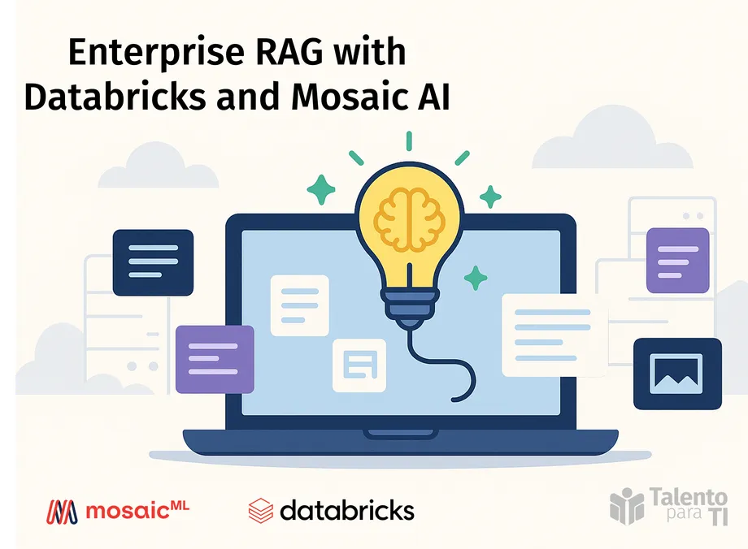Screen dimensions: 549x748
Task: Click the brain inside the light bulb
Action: coord(410,216)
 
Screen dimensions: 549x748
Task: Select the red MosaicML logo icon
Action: coord(62,512)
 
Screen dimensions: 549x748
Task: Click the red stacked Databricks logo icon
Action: coord(260,510)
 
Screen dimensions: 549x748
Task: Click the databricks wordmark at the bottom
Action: coord(346,510)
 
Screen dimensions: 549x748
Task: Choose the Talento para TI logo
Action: coord(668,505)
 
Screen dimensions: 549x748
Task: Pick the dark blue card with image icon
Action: coord(677,373)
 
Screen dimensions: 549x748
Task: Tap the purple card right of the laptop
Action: coord(678,260)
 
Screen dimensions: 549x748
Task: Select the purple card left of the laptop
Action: coord(215,360)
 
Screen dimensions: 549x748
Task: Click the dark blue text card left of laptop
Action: coord(153,262)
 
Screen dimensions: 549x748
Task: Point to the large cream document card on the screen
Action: coord(554,335)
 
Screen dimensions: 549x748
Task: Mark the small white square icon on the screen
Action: coord(359,365)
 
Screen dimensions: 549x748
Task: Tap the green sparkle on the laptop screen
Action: coord(475,279)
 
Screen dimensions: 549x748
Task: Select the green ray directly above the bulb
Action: coord(410,141)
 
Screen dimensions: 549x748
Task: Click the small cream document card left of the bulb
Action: coord(299,305)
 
